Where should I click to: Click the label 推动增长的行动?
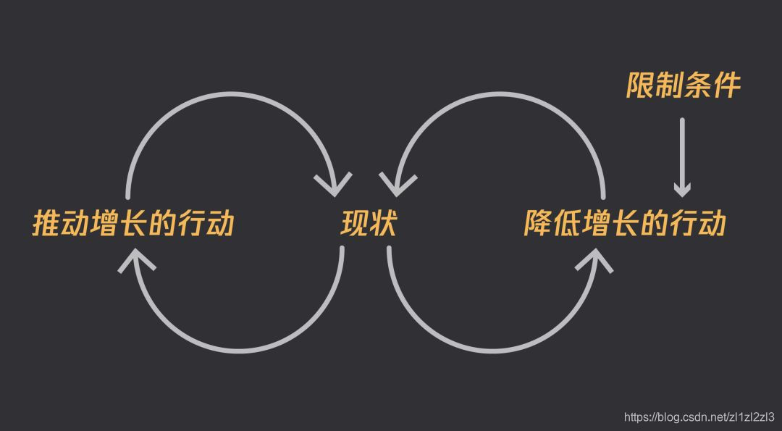[133, 224]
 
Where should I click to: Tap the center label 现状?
[369, 224]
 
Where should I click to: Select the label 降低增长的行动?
[625, 224]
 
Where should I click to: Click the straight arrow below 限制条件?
[681, 156]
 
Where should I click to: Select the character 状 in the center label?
[384, 224]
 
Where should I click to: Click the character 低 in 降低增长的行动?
[567, 224]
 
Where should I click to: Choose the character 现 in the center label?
[355, 224]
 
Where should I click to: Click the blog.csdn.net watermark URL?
[699, 417]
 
